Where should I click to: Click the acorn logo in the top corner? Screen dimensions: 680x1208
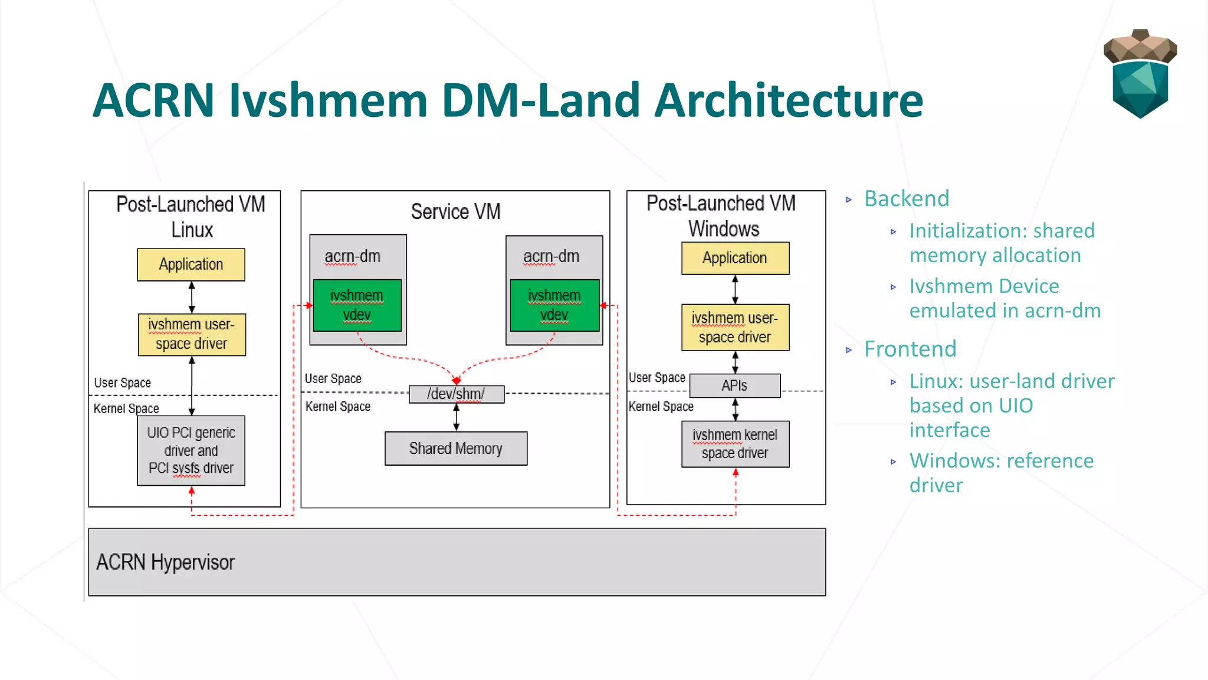pyautogui.click(x=1140, y=74)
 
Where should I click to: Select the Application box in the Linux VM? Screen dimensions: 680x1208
pyautogui.click(x=191, y=264)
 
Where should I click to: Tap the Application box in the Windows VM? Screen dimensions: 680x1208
pyautogui.click(x=735, y=258)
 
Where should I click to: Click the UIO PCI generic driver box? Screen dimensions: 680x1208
pyautogui.click(x=191, y=450)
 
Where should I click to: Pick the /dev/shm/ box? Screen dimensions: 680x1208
pyautogui.click(x=456, y=394)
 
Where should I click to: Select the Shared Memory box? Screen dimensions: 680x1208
pyautogui.click(x=456, y=449)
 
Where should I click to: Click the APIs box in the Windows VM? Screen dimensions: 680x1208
pyautogui.click(x=734, y=385)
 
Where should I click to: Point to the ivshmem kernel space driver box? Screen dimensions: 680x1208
pyautogui.click(x=735, y=444)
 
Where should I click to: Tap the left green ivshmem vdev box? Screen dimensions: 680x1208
pyautogui.click(x=357, y=305)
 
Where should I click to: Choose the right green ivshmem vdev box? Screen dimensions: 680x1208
pyautogui.click(x=554, y=305)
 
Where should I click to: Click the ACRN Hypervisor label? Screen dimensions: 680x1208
pyautogui.click(x=165, y=562)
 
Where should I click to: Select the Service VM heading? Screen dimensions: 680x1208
pyautogui.click(x=455, y=211)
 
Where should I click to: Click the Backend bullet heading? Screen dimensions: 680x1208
pyautogui.click(x=907, y=199)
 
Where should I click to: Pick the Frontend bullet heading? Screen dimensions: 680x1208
pyautogui.click(x=910, y=349)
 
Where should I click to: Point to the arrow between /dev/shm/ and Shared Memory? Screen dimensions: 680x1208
pyautogui.click(x=456, y=417)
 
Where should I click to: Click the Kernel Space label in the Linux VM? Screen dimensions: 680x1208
pyautogui.click(x=126, y=408)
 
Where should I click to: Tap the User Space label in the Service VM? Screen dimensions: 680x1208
pyautogui.click(x=333, y=378)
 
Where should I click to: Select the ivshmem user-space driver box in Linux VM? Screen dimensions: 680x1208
pyautogui.click(x=191, y=334)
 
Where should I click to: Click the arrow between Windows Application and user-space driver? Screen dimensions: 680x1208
pyautogui.click(x=735, y=289)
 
